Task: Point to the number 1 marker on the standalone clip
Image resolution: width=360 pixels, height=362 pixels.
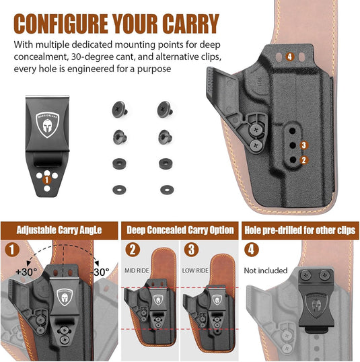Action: [46, 179]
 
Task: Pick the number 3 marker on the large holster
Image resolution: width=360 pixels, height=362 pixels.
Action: [303, 145]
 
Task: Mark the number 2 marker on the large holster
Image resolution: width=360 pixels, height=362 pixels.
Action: [303, 159]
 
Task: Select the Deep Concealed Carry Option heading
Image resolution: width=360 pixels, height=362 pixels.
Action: [180, 230]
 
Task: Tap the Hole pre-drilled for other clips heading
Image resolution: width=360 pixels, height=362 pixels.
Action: [300, 230]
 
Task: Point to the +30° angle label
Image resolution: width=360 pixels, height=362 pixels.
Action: [26, 273]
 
